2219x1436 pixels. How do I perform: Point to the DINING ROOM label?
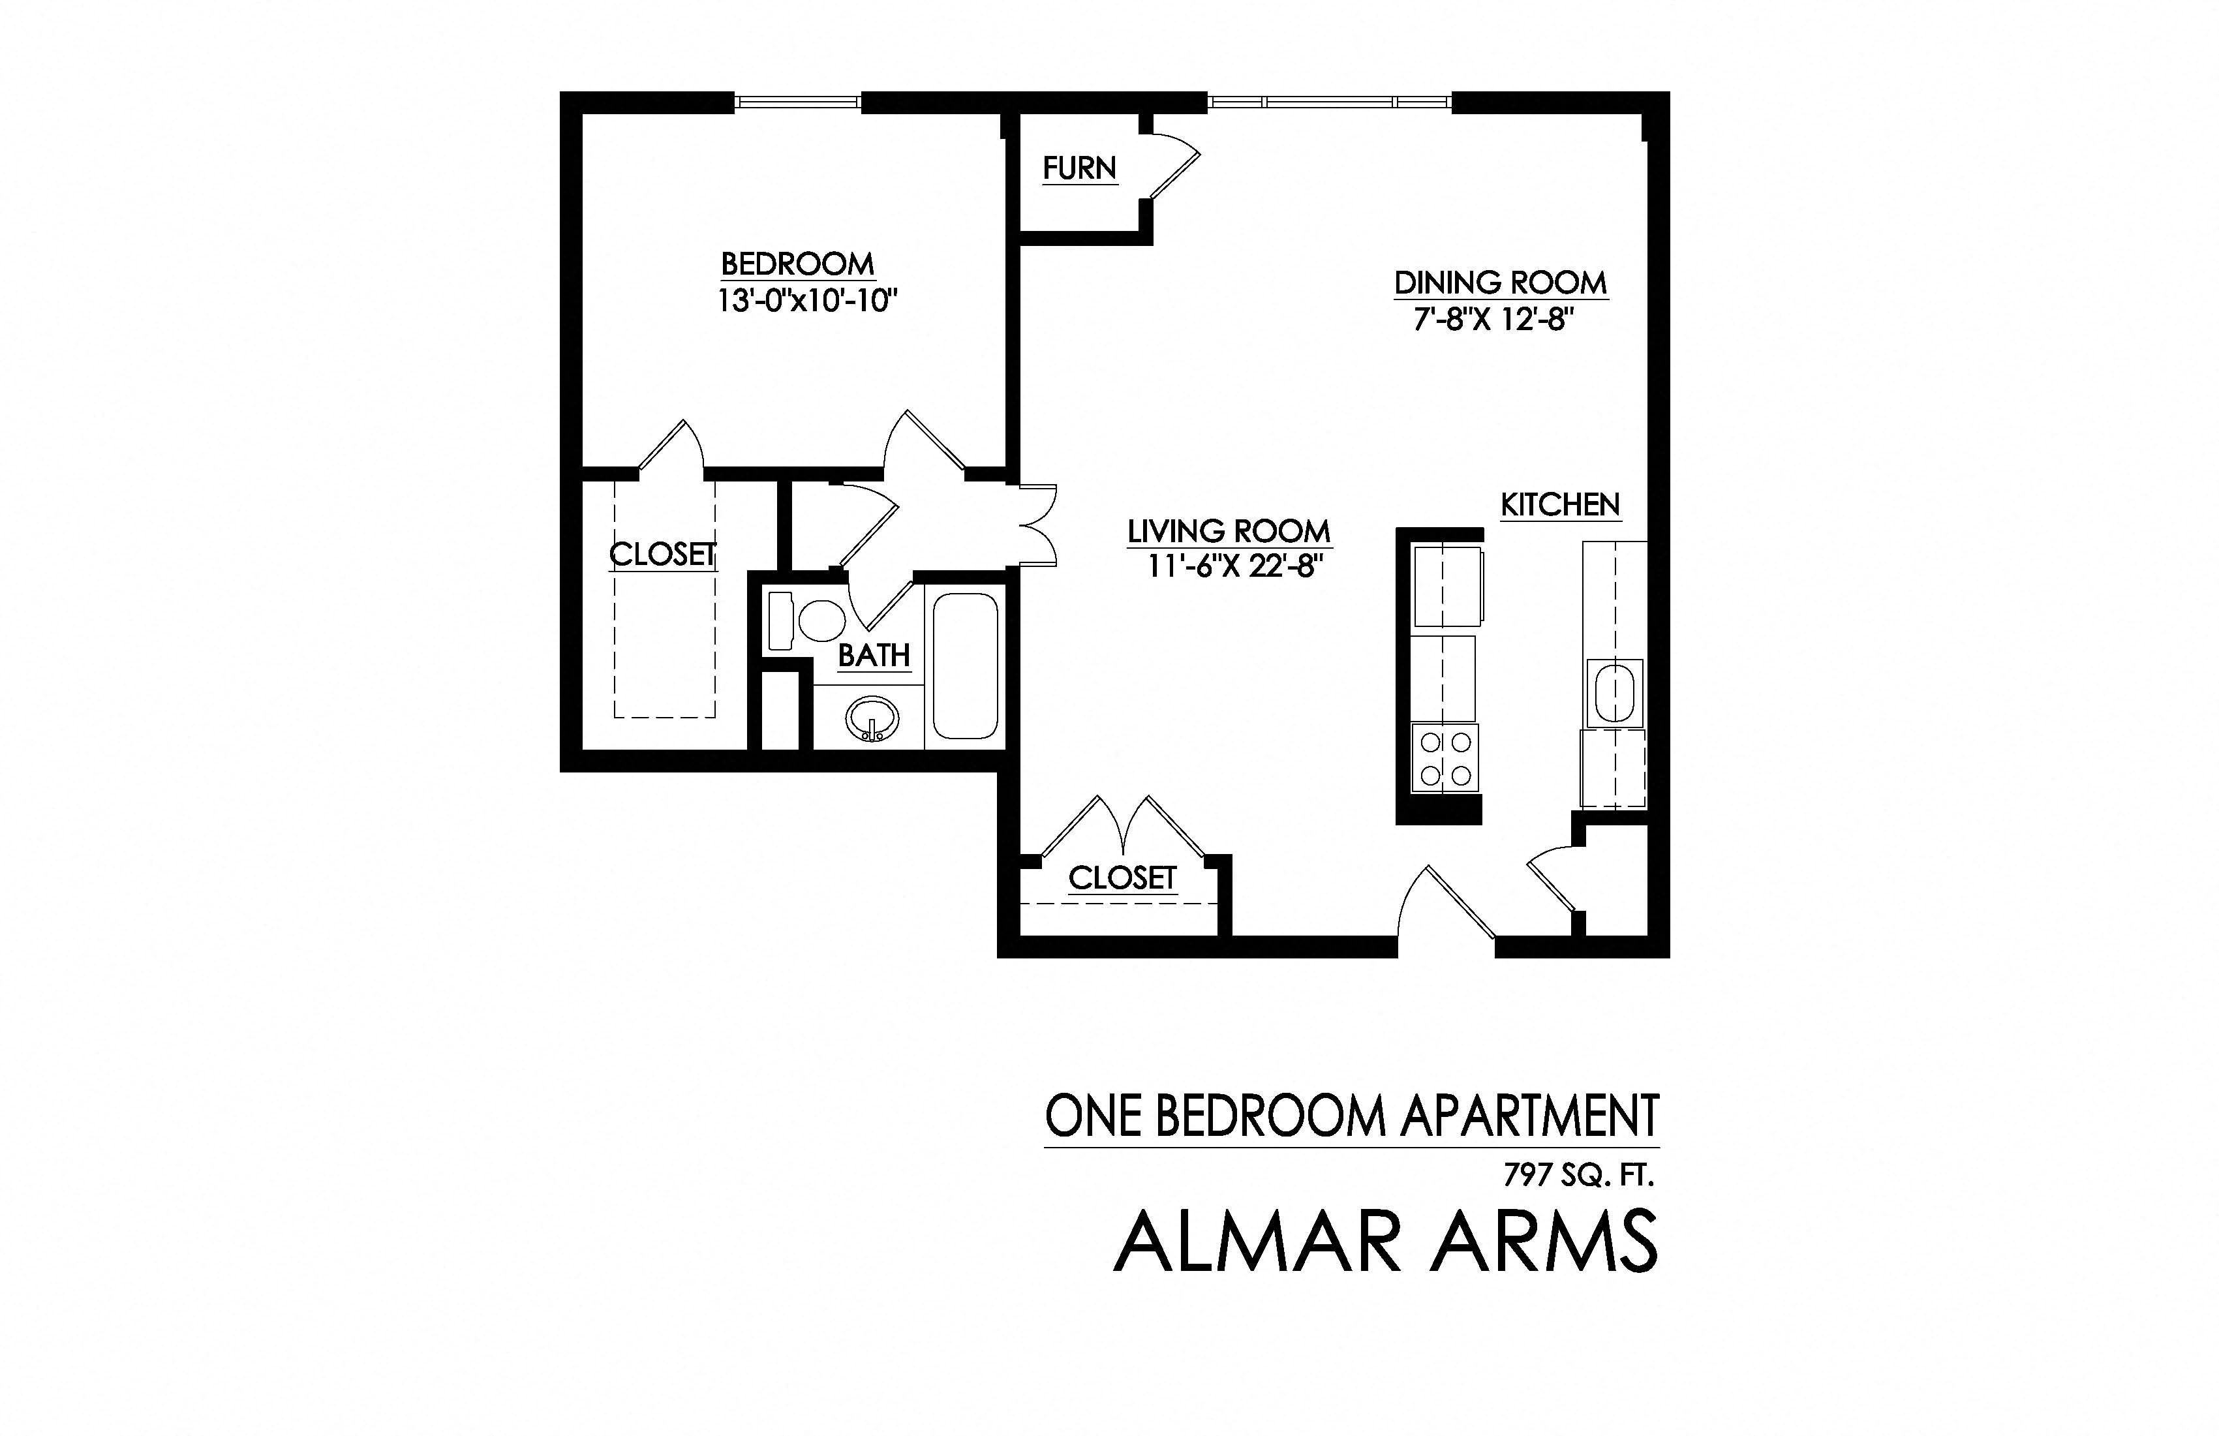pyautogui.click(x=1500, y=283)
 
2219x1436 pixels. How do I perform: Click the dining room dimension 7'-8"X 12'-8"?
pyautogui.click(x=1493, y=320)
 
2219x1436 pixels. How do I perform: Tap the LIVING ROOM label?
pyautogui.click(x=1228, y=532)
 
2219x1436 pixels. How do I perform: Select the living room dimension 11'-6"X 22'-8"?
pyautogui.click(x=1234, y=566)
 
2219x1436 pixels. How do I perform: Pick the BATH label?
pyautogui.click(x=873, y=656)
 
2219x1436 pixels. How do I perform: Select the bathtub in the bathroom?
pyautogui.click(x=965, y=665)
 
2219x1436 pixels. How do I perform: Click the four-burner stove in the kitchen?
pyautogui.click(x=1445, y=758)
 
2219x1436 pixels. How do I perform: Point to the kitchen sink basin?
pyautogui.click(x=1614, y=694)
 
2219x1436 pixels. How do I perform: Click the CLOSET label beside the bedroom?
pyautogui.click(x=662, y=554)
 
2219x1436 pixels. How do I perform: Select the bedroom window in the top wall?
pyautogui.click(x=797, y=102)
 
